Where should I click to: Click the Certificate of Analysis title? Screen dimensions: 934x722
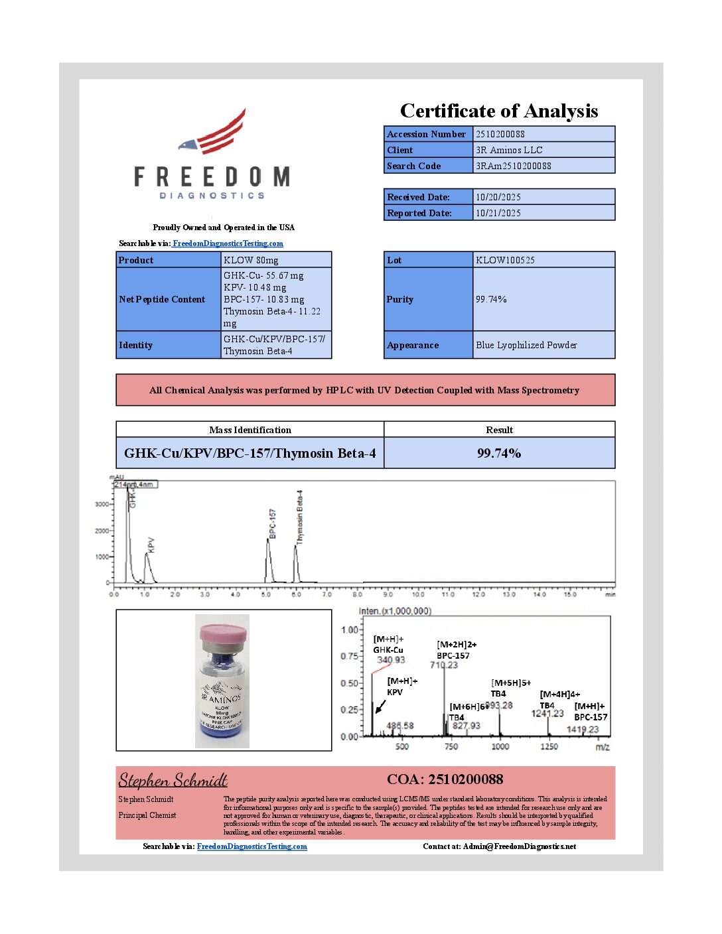[498, 111]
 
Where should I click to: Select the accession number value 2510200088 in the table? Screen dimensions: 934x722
[500, 134]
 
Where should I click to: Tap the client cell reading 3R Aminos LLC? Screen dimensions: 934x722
[509, 150]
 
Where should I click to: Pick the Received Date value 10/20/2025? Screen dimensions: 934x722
[498, 197]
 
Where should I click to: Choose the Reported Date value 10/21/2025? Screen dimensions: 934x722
[498, 213]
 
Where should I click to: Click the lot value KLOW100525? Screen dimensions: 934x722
[505, 260]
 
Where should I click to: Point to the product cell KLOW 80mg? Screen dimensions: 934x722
[251, 260]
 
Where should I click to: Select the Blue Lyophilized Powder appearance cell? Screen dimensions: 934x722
[526, 345]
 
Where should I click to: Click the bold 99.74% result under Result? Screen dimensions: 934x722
[499, 453]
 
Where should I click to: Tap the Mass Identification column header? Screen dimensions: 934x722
[250, 430]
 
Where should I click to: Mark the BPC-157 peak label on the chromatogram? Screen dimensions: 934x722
[273, 523]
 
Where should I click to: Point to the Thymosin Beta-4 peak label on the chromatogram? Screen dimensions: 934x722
[300, 517]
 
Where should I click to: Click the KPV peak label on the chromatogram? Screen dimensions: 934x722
[151, 545]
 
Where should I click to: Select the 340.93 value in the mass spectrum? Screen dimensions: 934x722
[391, 660]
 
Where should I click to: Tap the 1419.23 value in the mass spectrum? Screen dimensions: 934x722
[583, 730]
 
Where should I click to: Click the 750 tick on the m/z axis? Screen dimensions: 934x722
[451, 747]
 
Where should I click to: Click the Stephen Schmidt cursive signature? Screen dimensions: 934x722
[173, 780]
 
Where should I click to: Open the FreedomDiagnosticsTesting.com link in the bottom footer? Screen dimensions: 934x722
[252, 846]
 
